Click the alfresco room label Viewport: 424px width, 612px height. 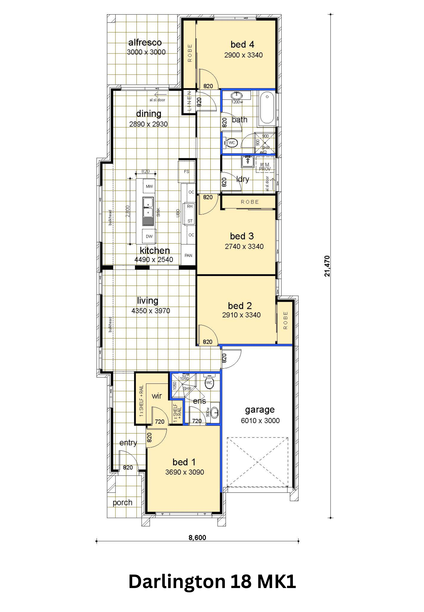click(x=145, y=42)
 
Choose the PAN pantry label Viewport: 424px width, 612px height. click(x=188, y=255)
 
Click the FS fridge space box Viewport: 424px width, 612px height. click(x=186, y=172)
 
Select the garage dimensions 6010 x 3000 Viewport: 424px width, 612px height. click(x=260, y=421)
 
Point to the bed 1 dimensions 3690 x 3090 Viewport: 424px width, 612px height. click(x=185, y=472)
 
